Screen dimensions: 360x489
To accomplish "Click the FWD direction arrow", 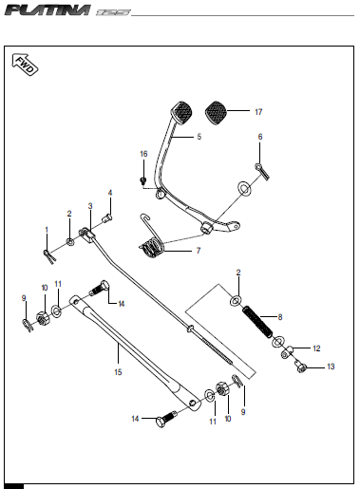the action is tap(25, 65).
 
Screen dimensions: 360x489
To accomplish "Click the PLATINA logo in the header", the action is tap(47, 9).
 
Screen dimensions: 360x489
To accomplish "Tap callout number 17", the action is tap(258, 112).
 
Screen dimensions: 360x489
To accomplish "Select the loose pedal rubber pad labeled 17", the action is tap(216, 113).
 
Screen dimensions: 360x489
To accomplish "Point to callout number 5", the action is tap(199, 137).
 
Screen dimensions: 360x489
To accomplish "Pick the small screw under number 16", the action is tap(143, 180).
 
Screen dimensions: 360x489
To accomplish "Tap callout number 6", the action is tap(260, 137).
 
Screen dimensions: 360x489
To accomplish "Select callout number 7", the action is tap(199, 251).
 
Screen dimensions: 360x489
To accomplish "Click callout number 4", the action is tap(110, 193).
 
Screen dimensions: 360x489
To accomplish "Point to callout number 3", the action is tap(90, 206).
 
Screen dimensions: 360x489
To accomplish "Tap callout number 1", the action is tap(47, 230).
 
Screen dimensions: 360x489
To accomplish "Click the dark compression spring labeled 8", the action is tap(257, 322).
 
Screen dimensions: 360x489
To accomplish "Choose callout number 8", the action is tap(280, 317).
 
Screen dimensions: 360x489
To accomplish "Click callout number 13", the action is tap(331, 367).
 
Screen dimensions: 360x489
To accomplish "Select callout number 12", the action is tap(316, 348).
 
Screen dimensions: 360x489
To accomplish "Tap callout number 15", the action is tap(118, 372).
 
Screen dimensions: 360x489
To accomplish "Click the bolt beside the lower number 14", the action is tap(166, 419).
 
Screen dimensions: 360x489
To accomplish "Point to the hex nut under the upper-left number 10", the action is tap(43, 318).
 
